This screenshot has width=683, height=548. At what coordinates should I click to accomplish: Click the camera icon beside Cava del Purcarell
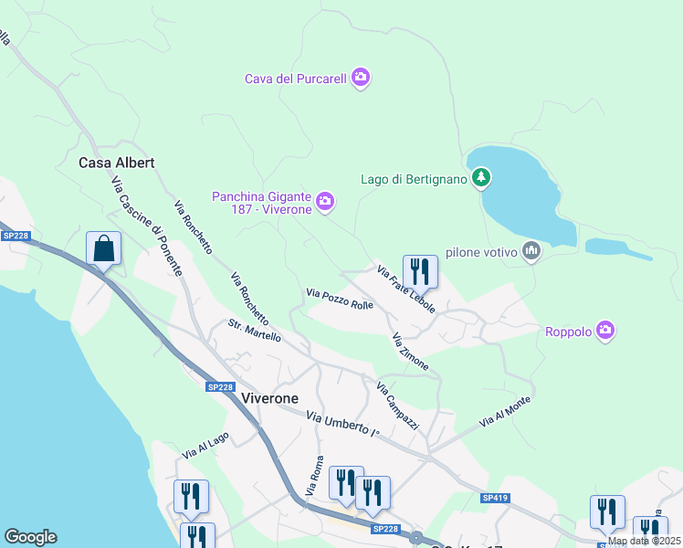coord(361,79)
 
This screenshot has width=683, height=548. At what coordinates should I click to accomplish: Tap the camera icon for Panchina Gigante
coord(325,200)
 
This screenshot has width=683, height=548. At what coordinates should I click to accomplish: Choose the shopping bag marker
coord(104,248)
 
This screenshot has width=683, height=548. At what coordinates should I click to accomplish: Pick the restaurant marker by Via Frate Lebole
coord(420,271)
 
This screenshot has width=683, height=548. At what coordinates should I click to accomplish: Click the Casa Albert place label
coord(117,163)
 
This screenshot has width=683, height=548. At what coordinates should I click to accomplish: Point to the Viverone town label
coord(272,398)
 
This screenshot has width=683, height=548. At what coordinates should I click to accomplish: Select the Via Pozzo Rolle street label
coord(340,299)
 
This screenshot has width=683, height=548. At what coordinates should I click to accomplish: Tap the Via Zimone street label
coord(410,352)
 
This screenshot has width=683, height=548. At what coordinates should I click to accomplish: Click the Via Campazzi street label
coord(397,406)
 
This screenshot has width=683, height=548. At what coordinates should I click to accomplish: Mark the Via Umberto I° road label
coord(342,423)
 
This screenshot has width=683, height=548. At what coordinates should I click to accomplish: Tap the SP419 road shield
coord(495,498)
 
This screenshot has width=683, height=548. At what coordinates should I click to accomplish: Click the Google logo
coord(30,537)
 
